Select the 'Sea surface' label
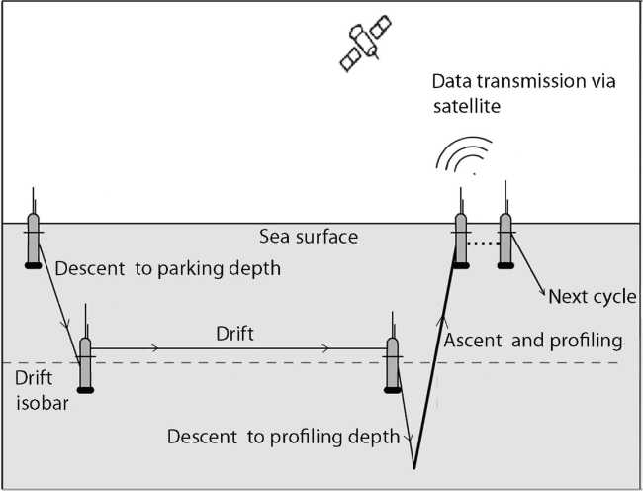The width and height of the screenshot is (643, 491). (309, 238)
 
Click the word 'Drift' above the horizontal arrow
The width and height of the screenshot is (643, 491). (234, 335)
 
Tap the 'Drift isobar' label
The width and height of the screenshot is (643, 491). (40, 390)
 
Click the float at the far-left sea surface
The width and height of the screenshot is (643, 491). (33, 239)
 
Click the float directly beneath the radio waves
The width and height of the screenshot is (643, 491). (459, 238)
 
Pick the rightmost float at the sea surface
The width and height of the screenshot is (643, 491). (505, 238)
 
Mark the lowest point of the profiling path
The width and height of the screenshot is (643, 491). (414, 468)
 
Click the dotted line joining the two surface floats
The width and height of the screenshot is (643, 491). (483, 242)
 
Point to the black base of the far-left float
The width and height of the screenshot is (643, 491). (33, 264)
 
